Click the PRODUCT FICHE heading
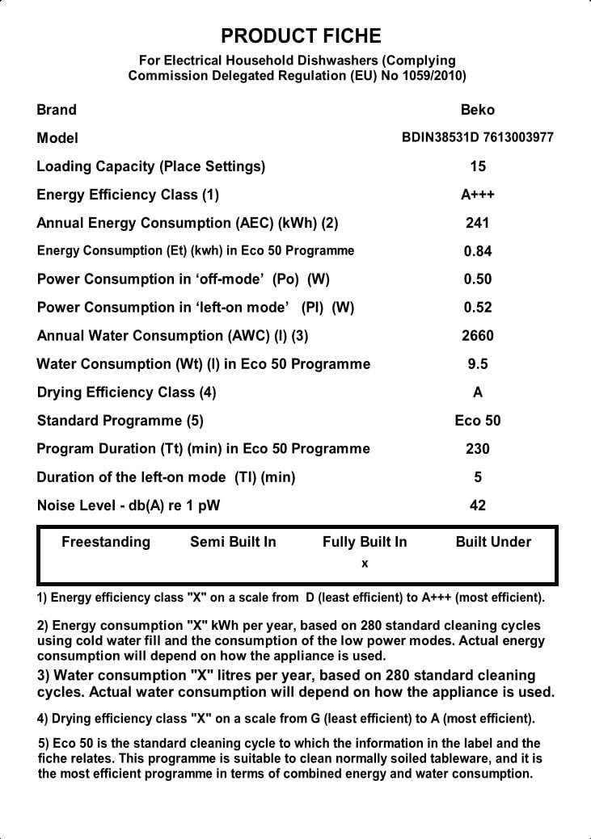tap(301, 36)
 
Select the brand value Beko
tap(478, 110)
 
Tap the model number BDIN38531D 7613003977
tap(478, 137)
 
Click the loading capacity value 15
tap(478, 166)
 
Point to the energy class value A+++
tap(478, 195)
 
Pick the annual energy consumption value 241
tap(478, 223)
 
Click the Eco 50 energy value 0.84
tap(478, 251)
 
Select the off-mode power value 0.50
tap(478, 279)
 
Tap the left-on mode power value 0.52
tap(478, 308)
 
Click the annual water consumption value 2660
tap(478, 336)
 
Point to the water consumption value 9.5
tap(478, 364)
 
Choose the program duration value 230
tap(478, 449)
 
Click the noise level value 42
tap(478, 505)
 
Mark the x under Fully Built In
tap(365, 564)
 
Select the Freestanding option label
tap(106, 542)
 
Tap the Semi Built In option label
tap(233, 542)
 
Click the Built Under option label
tap(493, 542)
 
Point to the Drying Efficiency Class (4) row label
tap(126, 392)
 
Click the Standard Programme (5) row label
tap(120, 421)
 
